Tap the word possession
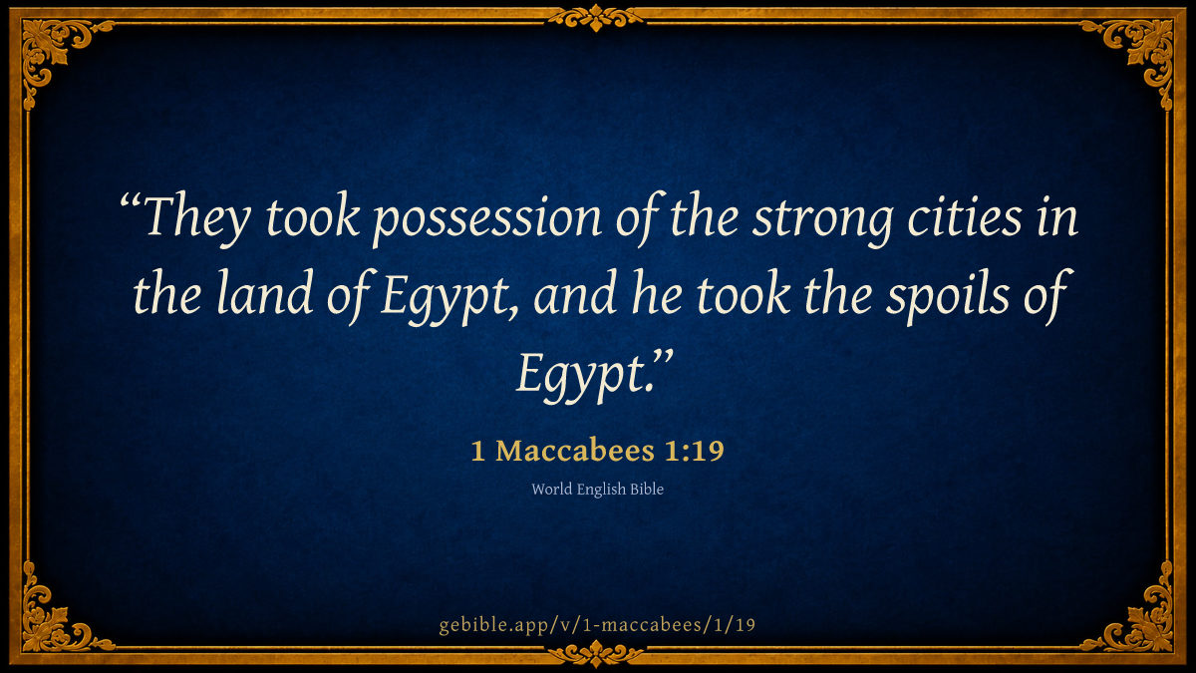(487, 220)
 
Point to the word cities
(965, 217)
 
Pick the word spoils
(948, 297)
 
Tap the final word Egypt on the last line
(581, 376)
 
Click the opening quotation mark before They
(130, 201)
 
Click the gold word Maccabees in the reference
(574, 451)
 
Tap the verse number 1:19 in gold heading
(694, 451)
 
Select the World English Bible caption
(597, 489)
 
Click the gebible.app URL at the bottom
(597, 625)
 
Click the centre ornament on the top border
(596, 18)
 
